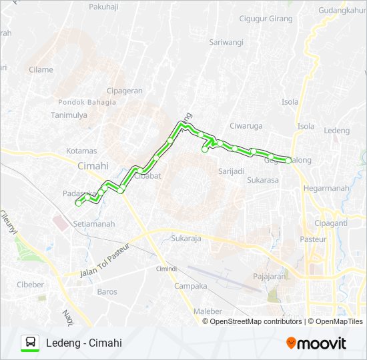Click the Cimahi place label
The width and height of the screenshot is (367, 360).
(x=93, y=166)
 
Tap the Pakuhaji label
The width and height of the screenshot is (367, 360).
(x=106, y=9)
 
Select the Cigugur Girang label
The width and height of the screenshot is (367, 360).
(x=266, y=18)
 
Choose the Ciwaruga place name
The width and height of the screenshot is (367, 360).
(x=246, y=125)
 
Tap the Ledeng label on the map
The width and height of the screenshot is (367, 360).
(x=336, y=131)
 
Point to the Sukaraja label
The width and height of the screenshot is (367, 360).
(x=186, y=237)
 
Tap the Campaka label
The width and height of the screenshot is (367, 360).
(x=191, y=286)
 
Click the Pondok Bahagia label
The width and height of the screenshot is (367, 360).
(x=87, y=102)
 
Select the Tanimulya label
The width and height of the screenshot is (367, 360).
(x=69, y=114)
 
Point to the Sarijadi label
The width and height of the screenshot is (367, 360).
(x=231, y=171)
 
